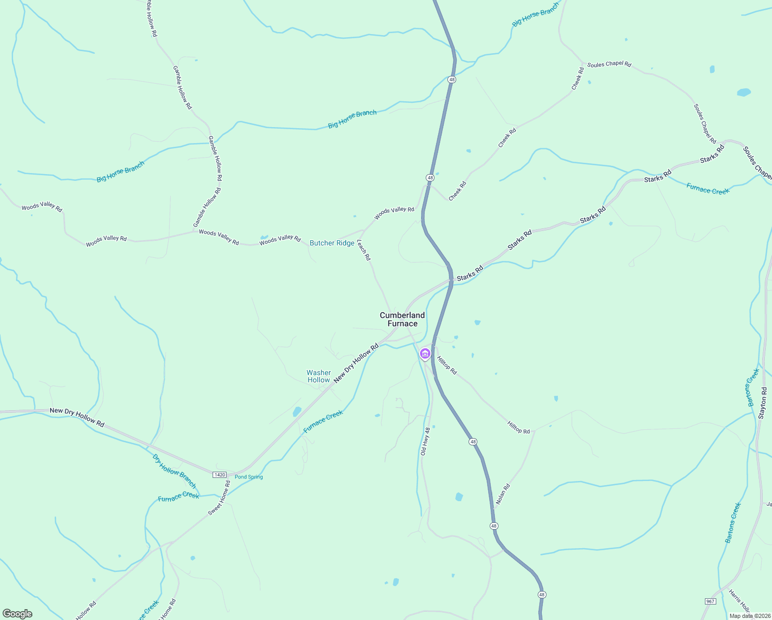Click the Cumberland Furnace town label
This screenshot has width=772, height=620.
[402, 319]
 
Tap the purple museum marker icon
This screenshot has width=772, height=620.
[425, 354]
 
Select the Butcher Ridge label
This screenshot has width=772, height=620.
[332, 243]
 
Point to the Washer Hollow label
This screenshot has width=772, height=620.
[318, 376]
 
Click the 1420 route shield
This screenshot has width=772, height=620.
[220, 474]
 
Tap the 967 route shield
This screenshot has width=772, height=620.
[710, 601]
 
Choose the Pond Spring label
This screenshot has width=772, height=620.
[249, 477]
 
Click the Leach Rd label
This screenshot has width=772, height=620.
[364, 250]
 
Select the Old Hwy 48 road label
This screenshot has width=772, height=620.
[425, 441]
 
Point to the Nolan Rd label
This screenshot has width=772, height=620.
[503, 494]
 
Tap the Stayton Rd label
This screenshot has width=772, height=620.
[763, 403]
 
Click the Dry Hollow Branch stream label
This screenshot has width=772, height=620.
[174, 471]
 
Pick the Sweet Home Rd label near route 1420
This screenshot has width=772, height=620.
[219, 498]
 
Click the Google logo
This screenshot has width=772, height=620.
[18, 614]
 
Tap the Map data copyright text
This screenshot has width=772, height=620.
[750, 616]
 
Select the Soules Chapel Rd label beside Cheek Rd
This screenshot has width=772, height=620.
[609, 65]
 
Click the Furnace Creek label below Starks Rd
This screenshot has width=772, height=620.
[707, 190]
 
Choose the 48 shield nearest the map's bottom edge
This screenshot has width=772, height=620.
[541, 595]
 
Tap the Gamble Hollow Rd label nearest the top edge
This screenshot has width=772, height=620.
[151, 18]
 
